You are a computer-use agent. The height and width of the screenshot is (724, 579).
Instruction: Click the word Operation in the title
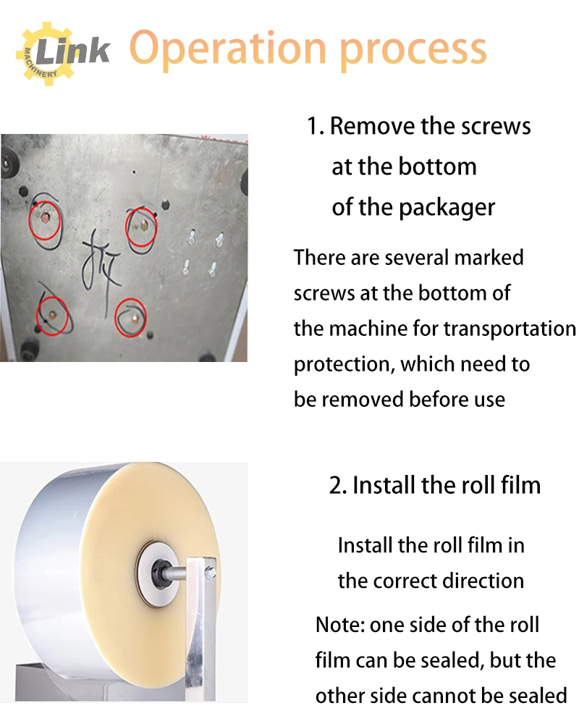tap(229, 49)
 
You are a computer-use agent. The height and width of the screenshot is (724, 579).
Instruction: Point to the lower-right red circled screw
tap(131, 316)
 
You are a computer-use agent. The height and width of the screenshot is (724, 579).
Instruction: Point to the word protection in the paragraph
tap(343, 363)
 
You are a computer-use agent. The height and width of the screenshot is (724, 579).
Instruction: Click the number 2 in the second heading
tap(337, 485)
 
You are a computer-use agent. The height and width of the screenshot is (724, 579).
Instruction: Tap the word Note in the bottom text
tap(338, 625)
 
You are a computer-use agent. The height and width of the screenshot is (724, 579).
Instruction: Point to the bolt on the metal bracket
tap(210, 574)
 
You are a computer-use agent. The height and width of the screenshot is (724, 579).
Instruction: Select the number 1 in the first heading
tap(313, 127)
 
